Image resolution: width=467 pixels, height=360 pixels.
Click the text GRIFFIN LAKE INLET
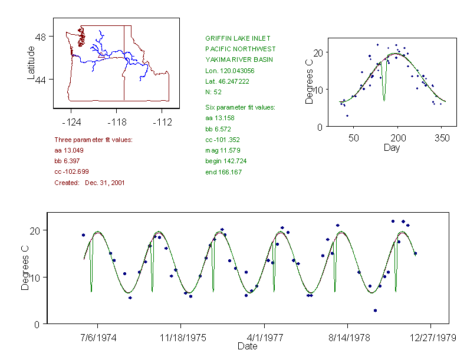click(x=238, y=38)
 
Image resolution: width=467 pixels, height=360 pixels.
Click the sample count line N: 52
click(x=213, y=92)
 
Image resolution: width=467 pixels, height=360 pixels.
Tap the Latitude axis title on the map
click(x=31, y=63)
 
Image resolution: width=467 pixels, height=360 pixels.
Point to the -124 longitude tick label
click(x=71, y=123)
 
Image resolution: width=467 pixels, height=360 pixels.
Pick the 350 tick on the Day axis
click(x=442, y=138)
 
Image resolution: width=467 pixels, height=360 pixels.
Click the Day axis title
click(x=391, y=148)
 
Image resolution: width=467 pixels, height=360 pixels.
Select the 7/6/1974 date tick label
click(x=98, y=338)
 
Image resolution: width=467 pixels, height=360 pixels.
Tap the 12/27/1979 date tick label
click(x=430, y=338)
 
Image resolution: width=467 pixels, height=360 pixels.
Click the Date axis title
click(x=247, y=346)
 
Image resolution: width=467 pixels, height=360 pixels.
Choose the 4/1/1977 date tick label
click(x=264, y=338)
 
